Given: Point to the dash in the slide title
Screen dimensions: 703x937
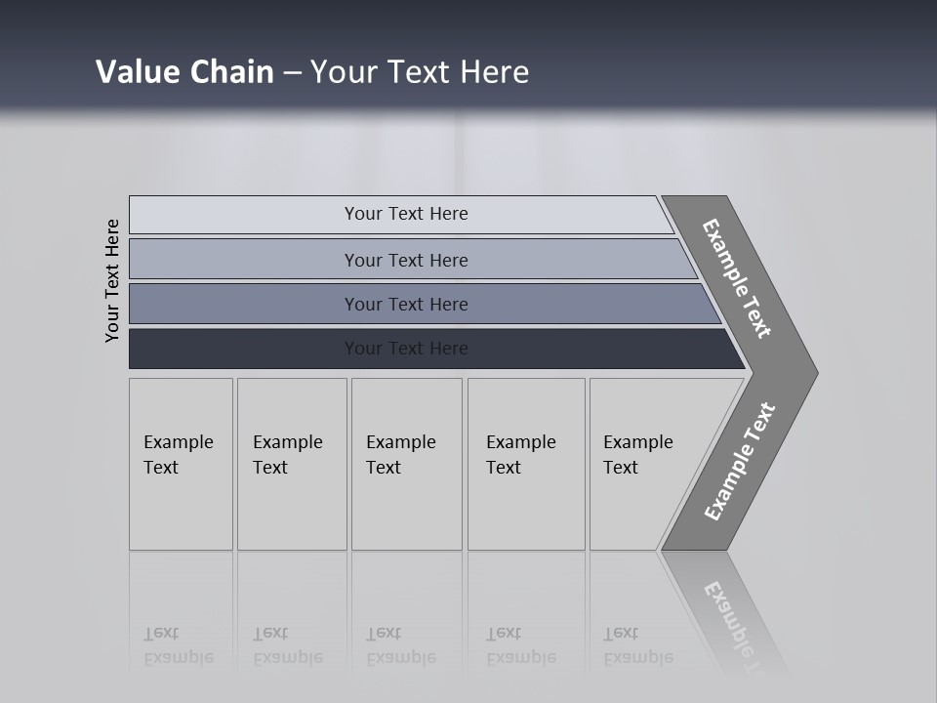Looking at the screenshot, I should click(292, 73).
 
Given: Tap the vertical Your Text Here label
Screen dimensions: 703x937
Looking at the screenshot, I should click(112, 280).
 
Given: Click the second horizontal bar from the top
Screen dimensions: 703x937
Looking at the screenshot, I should click(406, 260).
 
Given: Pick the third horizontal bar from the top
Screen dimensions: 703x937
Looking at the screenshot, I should click(406, 304).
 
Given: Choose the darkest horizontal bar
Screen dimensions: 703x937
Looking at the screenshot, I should click(406, 349).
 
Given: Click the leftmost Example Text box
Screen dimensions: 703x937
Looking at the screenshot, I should click(181, 464).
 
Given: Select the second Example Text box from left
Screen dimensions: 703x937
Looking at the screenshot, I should click(292, 464).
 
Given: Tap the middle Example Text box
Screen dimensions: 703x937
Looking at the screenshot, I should click(406, 464).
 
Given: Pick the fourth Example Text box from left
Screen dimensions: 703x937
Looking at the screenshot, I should click(526, 464).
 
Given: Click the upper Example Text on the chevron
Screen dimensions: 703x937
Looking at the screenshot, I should click(737, 278).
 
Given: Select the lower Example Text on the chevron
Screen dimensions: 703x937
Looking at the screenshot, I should click(740, 462).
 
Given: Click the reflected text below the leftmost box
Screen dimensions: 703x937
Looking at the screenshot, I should click(179, 645).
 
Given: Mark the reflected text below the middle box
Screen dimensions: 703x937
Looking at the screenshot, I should click(401, 645).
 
